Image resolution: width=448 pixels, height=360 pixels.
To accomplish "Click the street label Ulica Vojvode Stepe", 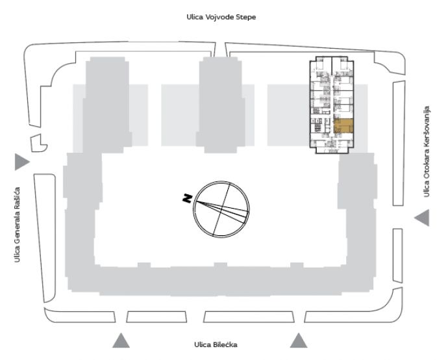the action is tap(221, 17).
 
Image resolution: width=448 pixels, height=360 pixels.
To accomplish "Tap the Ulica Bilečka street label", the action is tap(216, 344).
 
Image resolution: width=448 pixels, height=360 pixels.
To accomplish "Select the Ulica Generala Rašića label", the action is tap(17, 225).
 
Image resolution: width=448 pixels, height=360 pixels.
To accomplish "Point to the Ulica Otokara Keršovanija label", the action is tap(427, 152).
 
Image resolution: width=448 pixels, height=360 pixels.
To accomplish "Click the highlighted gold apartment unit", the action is tap(343, 126).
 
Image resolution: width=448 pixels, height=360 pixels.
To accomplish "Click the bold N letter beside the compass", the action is tap(187, 198).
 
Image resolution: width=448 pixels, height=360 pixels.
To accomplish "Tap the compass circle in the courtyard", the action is tap(221, 182).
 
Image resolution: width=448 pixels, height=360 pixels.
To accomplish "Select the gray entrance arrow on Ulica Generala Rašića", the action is tap(22, 162).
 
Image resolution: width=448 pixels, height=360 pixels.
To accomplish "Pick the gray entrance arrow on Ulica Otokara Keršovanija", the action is tap(422, 218).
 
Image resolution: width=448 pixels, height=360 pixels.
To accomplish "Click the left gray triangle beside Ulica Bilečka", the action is tap(121, 341).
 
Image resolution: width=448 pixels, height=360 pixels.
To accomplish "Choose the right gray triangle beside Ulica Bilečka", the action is tap(299, 341).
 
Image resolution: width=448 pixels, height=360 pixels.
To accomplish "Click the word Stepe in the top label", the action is tap(246, 18).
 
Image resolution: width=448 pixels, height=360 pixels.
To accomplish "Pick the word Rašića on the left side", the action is tap(17, 198).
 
